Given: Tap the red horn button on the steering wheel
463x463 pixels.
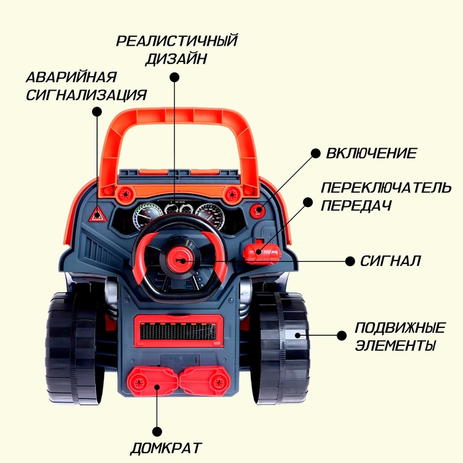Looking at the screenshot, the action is click(179, 260).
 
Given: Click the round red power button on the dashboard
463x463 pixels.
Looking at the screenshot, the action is click(258, 210).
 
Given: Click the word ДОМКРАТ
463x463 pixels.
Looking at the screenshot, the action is click(165, 448).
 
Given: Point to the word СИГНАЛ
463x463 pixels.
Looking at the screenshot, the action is click(390, 261).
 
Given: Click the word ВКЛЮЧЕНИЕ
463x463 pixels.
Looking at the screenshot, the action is click(371, 153).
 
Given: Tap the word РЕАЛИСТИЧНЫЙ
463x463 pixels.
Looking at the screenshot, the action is click(177, 41).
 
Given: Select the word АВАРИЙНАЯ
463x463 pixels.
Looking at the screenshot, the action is click(71, 77).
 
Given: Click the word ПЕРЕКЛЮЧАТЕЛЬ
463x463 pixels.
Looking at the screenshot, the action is click(386, 188).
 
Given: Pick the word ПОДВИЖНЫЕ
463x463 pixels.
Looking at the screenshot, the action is click(400, 328).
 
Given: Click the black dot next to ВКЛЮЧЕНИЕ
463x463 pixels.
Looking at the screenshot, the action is click(316, 153).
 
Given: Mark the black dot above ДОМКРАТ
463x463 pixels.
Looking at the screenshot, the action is click(157, 431).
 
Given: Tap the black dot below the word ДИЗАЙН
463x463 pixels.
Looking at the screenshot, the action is click(175, 77).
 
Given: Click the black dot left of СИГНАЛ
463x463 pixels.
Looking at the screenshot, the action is click(350, 261).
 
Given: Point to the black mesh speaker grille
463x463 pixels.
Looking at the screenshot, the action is click(178, 331).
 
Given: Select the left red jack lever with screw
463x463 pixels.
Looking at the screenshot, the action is click(153, 382).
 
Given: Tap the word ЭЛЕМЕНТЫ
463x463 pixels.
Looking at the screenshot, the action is click(395, 345).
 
